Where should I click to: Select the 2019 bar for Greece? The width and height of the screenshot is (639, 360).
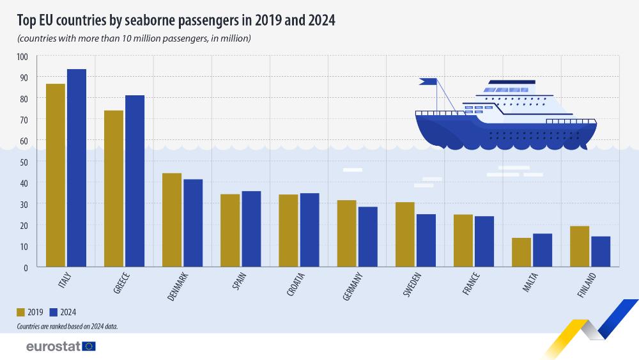point(114,189)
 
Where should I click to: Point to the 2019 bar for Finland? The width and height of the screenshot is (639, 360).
point(580,246)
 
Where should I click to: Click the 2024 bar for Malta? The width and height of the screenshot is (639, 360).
point(543,250)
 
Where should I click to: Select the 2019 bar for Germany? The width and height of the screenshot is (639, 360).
point(347,233)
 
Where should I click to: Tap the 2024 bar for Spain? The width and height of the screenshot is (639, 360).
point(251,229)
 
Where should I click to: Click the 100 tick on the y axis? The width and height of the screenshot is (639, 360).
point(23,56)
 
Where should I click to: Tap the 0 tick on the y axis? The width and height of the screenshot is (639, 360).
point(27,267)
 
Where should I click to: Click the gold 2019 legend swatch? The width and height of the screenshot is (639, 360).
point(21,312)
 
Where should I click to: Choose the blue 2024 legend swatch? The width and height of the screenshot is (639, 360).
point(54,312)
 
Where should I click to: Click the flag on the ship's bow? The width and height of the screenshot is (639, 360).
point(428,81)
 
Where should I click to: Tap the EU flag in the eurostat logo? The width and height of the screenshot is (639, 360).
point(89,346)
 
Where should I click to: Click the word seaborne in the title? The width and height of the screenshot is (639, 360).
point(144,20)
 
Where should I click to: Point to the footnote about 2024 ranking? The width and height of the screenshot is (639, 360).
point(68,326)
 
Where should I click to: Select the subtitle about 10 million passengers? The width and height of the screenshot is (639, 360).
point(134,38)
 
